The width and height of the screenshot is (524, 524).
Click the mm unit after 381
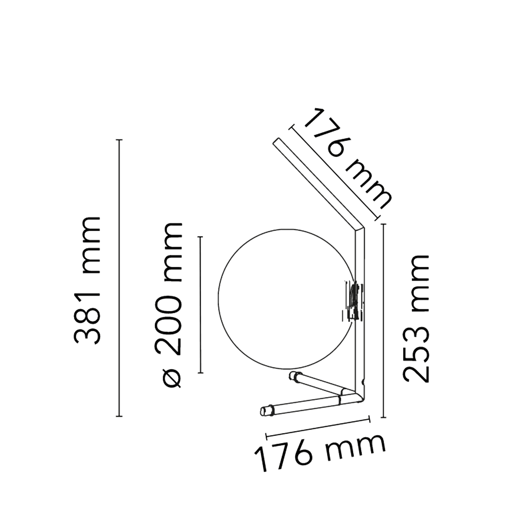click(x=87, y=246)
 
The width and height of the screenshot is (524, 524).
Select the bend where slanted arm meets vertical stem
click(x=360, y=229)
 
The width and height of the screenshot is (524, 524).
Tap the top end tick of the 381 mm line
click(x=119, y=140)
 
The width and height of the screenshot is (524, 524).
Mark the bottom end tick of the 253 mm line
click(x=383, y=418)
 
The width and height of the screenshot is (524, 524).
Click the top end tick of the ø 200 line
click(x=201, y=236)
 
